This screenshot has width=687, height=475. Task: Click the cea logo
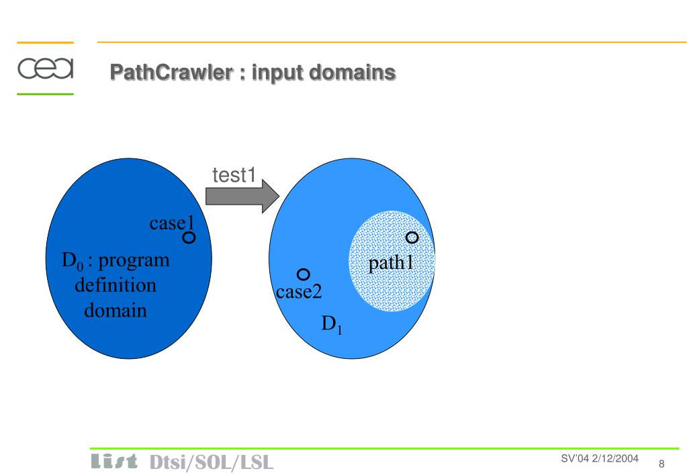point(45,68)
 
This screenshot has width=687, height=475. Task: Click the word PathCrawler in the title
point(172,72)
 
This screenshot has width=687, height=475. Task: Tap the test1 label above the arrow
point(234,175)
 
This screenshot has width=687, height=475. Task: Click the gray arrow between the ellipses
point(242,196)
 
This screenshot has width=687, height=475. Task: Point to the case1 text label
point(171,223)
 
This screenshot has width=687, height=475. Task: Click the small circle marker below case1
point(189,237)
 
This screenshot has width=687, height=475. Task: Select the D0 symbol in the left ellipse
point(73,261)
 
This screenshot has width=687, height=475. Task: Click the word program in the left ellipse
point(134,262)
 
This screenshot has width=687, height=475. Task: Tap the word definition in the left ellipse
point(116,285)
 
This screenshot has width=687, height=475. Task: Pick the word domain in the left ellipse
point(116,311)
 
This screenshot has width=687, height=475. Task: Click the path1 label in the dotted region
point(391,263)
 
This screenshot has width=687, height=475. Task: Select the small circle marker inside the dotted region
point(412,237)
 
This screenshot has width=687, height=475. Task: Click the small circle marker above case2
point(303,274)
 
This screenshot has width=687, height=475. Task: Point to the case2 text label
point(299,292)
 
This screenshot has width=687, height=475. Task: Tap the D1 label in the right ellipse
point(332,325)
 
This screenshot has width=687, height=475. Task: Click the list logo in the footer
point(114,462)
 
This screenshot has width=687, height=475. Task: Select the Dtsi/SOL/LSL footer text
point(212,462)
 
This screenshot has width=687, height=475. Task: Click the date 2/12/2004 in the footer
point(615,458)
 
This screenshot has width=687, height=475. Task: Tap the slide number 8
point(661,464)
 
